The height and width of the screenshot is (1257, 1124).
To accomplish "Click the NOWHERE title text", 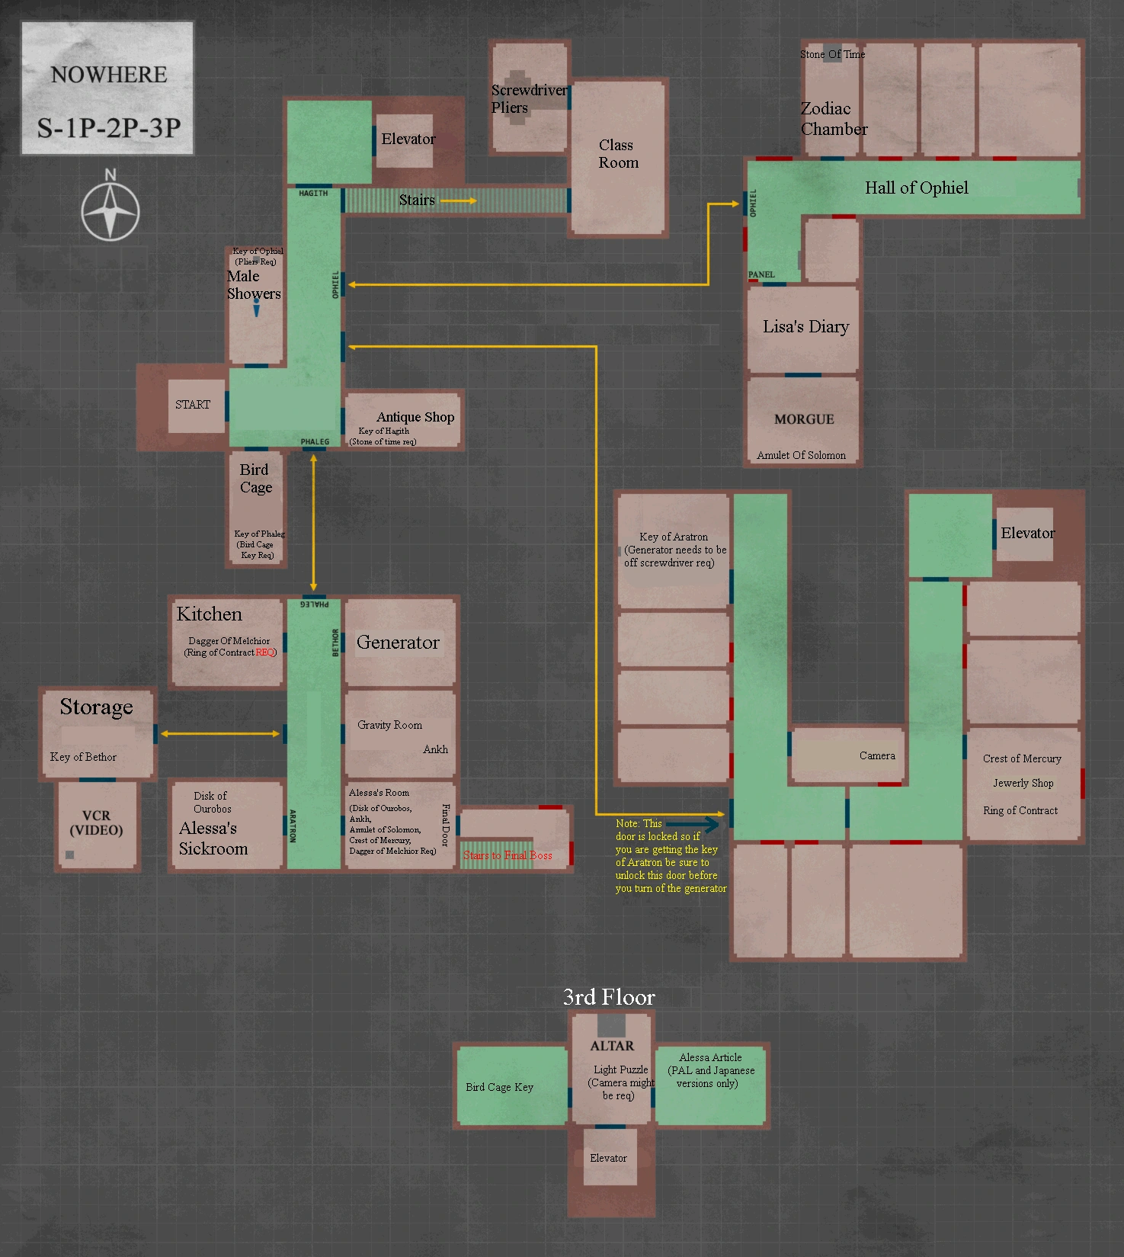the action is (x=108, y=75).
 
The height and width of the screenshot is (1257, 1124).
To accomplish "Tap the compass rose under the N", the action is (x=110, y=211).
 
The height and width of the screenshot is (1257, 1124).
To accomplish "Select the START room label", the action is (x=193, y=405).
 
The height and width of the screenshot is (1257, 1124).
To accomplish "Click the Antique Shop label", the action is (x=415, y=417).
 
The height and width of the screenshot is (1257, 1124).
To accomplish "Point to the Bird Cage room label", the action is (x=255, y=479).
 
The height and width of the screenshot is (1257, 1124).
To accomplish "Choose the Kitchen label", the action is (x=209, y=614).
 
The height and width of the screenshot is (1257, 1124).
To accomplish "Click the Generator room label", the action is (x=398, y=643).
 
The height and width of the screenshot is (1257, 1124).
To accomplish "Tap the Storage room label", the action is (x=96, y=707).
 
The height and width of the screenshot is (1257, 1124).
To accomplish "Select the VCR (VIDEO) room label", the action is (x=96, y=823).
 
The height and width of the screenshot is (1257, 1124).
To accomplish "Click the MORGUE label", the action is (x=804, y=419).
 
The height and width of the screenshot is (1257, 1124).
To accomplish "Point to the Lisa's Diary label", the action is (x=805, y=327).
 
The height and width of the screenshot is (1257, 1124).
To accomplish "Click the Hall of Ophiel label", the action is (x=916, y=188).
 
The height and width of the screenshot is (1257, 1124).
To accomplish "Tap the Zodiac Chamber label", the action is (x=833, y=119).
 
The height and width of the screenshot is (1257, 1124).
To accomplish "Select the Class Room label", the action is (x=618, y=154).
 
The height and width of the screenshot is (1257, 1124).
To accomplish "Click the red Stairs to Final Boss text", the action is (x=508, y=855).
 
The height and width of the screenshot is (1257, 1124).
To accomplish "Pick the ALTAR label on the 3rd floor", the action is (x=612, y=1046).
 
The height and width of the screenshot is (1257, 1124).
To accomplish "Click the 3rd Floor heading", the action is (x=609, y=997).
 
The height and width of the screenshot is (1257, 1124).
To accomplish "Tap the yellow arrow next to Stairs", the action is (x=459, y=200).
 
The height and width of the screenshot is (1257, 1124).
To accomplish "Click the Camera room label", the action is (x=877, y=755).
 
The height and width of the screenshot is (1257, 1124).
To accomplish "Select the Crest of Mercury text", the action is (x=1022, y=758).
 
